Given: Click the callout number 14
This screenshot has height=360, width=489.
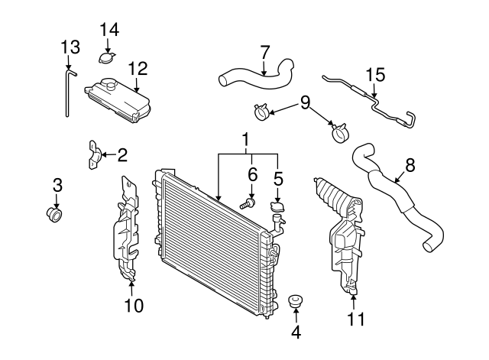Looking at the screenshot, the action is (x=109, y=31).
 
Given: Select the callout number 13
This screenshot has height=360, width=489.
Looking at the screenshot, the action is (x=70, y=47).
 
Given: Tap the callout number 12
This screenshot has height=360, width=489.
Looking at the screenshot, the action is (x=138, y=68).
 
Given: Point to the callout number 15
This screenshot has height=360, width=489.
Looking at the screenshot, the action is (x=375, y=75).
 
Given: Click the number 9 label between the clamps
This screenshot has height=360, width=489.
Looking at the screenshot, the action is (x=306, y=102).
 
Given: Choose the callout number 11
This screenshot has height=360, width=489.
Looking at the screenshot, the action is (x=356, y=319).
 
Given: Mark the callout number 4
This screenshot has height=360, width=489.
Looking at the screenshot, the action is (x=296, y=332).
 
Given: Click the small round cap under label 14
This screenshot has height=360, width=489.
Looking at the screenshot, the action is (x=107, y=58).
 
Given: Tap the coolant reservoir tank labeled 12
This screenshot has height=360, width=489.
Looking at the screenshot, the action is (x=118, y=100).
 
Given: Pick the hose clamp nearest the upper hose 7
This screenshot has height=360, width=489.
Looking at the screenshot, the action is (x=261, y=112).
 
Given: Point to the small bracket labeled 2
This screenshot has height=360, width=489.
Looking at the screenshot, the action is (x=94, y=155).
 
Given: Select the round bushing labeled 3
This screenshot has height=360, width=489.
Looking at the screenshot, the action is (x=53, y=215).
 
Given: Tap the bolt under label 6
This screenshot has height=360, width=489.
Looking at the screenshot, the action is (x=248, y=204).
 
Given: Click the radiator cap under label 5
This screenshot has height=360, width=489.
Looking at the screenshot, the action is (x=277, y=207).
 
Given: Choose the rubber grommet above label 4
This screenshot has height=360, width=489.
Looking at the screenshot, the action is (x=294, y=301).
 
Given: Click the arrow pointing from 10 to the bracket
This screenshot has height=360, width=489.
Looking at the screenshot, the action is (x=131, y=287).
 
